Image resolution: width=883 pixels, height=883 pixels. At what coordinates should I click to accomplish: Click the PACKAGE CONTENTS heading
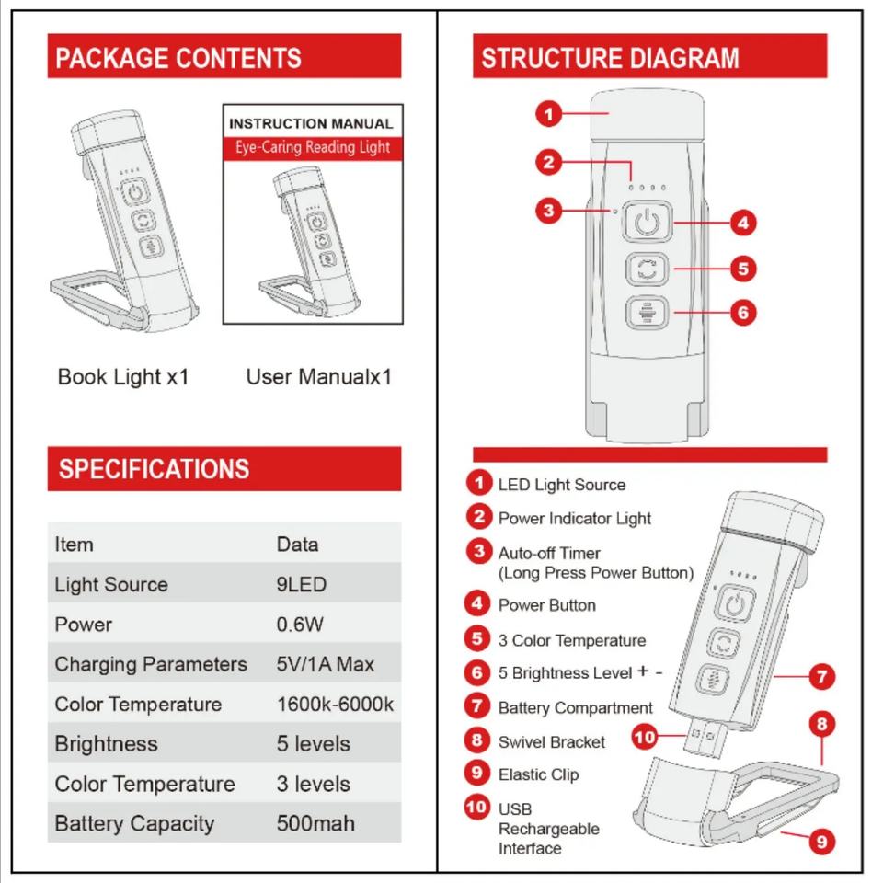178,58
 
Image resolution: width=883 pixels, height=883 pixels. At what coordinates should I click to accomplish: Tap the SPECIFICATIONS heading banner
154,469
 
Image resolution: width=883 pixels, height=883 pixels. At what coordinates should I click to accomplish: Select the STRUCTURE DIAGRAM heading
610,58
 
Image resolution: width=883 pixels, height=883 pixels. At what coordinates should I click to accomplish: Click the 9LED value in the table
302,584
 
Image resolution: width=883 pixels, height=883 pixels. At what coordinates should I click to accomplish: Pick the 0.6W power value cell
300,625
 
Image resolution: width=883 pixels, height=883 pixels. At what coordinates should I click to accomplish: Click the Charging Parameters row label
151,664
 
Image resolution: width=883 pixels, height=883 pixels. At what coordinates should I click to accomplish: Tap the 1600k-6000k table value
335,705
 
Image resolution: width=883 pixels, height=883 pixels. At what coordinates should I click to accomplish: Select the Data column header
297,545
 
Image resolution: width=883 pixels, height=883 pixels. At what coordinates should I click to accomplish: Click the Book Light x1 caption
123,376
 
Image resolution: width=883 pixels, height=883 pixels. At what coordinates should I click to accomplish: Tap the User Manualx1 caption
318,377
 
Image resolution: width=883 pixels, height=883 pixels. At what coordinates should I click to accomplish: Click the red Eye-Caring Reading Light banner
313,147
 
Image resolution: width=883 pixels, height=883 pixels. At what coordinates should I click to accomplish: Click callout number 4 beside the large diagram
743,222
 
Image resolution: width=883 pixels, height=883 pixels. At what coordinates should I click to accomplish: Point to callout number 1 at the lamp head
549,114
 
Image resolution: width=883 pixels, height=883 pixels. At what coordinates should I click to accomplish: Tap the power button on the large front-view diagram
648,223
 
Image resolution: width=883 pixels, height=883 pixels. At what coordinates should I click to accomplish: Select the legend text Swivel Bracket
552,741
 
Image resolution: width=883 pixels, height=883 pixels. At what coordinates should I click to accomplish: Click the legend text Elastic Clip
538,774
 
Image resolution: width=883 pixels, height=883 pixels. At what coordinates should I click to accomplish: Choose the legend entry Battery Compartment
575,707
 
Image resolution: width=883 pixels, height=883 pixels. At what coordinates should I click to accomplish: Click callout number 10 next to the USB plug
646,737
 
